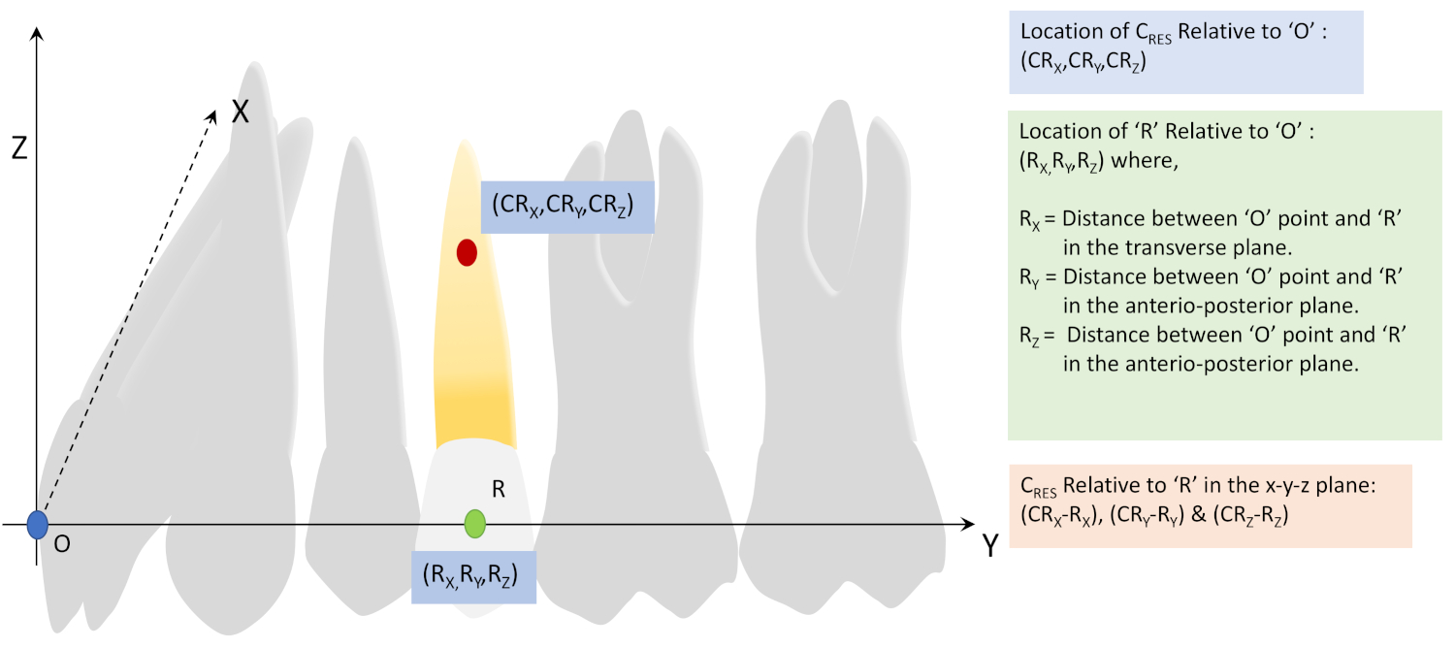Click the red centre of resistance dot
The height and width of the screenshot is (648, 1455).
(x=467, y=252)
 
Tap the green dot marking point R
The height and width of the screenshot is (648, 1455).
(x=474, y=523)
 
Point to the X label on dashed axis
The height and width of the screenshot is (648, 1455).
(x=240, y=113)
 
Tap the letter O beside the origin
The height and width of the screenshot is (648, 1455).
(x=61, y=545)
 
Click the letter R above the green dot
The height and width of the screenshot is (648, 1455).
(x=499, y=490)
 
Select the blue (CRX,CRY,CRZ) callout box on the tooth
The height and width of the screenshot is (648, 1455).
(x=567, y=207)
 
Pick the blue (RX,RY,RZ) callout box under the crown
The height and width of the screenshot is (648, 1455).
(x=473, y=577)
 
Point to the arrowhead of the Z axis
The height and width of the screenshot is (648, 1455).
(x=36, y=35)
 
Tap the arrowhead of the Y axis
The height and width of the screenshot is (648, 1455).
(x=967, y=525)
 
